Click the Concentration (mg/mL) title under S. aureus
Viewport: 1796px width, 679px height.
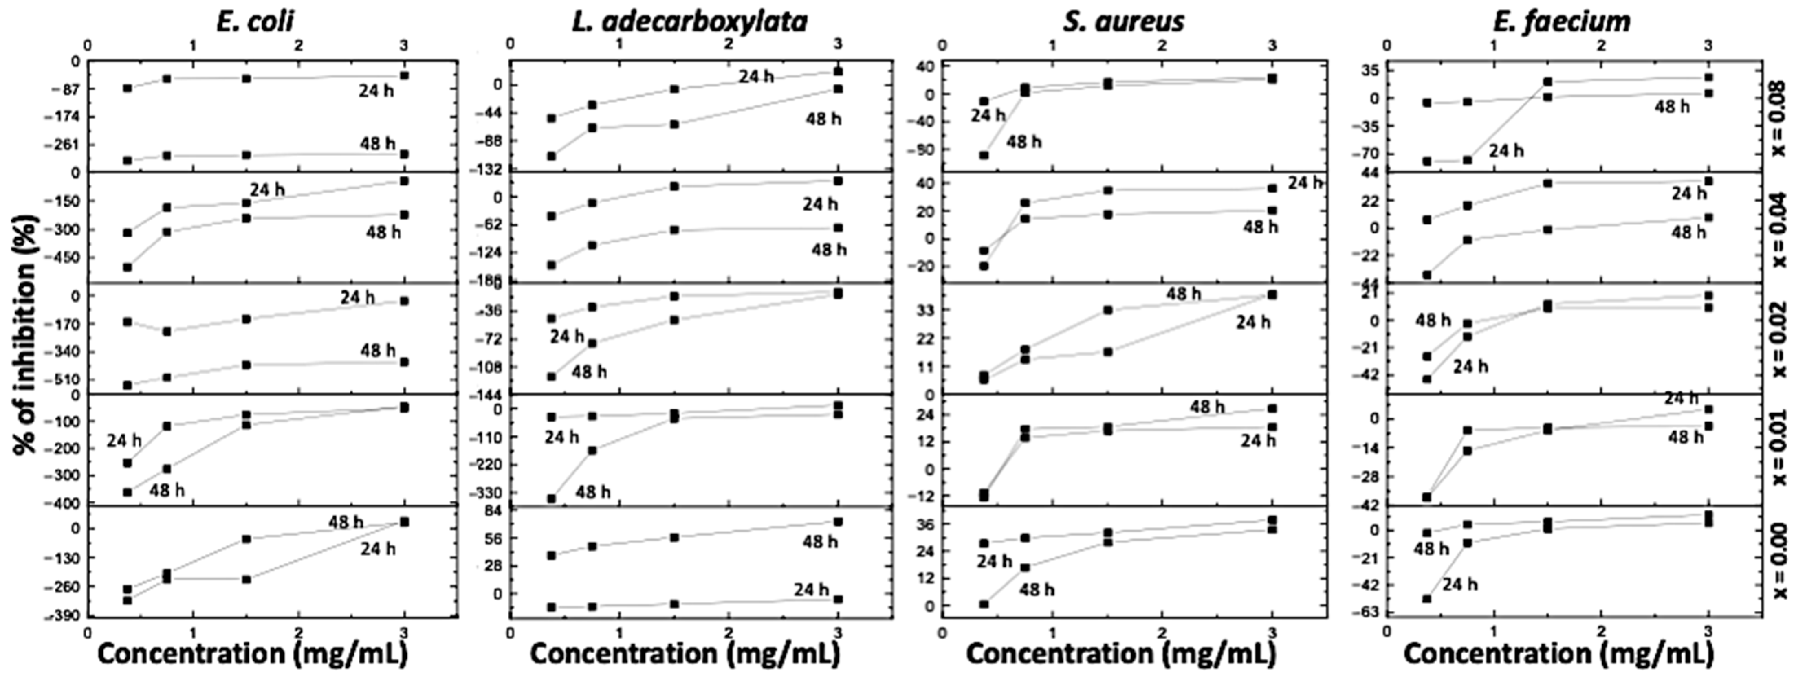(1121, 653)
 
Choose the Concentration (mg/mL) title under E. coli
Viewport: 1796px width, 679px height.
(252, 653)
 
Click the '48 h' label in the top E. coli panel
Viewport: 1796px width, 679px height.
(378, 144)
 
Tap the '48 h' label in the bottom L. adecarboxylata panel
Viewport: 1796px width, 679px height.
(820, 541)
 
